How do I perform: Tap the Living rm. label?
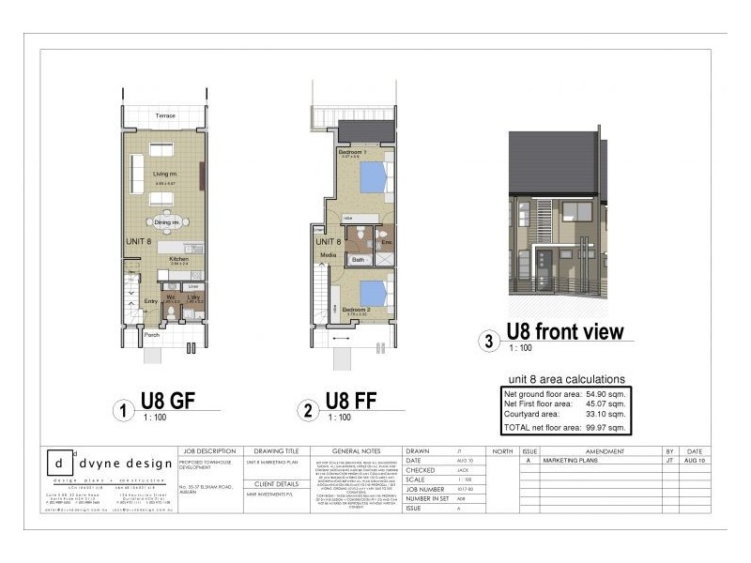(166, 174)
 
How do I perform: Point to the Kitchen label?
(179, 260)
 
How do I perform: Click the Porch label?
(152, 333)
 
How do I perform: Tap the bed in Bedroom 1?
(372, 176)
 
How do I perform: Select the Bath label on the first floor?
(358, 258)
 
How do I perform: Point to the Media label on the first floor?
(328, 254)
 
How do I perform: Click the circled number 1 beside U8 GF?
(120, 410)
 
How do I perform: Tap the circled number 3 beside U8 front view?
(488, 342)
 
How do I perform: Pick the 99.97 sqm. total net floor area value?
(605, 427)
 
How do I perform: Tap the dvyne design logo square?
(60, 464)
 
